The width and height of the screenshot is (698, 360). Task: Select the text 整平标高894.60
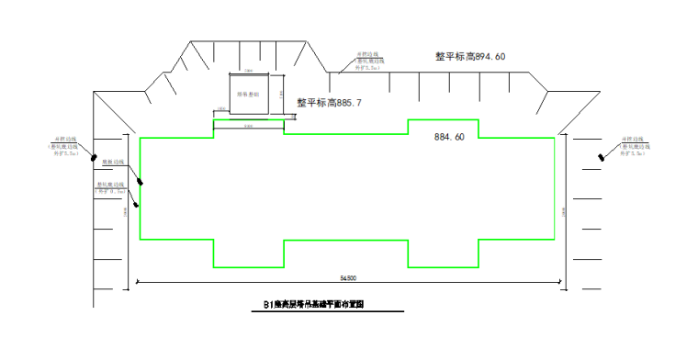coord(470,56)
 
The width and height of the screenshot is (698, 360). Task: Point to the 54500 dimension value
coord(348,276)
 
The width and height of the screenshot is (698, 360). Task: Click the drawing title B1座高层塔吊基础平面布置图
coord(321,304)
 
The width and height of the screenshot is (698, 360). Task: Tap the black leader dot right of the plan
coord(602,156)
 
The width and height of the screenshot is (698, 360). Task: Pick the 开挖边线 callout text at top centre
coord(368,61)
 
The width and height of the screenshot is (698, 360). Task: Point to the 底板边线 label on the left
coord(112,162)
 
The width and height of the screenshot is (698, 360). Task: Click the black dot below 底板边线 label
coord(141,182)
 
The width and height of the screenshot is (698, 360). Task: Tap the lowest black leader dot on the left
coord(136,204)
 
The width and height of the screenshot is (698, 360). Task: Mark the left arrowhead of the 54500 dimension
coord(138,281)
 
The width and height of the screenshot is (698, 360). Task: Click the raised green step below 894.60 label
coord(443,127)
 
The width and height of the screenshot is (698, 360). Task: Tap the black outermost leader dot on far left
coord(94,158)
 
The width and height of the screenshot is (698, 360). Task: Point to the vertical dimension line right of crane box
coord(285,95)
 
